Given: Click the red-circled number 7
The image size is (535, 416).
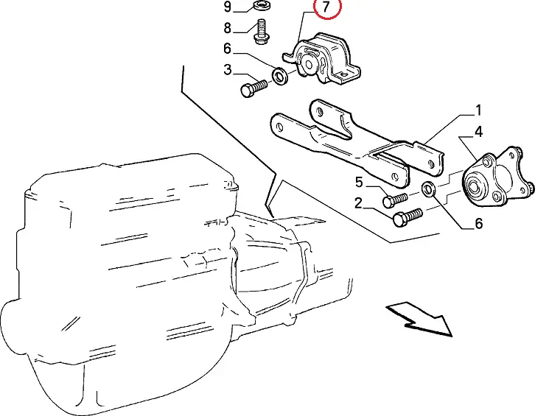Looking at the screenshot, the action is pos(326,7).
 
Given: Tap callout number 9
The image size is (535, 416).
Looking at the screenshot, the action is pos(228,7).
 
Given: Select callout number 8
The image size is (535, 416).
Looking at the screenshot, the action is pos(228,28).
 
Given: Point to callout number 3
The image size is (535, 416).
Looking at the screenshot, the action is pos(228,69).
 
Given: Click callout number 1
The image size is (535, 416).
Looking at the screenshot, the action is pos(478,110).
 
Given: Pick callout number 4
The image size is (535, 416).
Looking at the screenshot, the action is pos(479,132).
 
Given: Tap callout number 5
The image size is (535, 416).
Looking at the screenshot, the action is pos(359,182).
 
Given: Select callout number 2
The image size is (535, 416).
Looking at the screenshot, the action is pos(358,203).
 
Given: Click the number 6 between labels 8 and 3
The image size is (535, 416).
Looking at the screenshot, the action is pos(228,49).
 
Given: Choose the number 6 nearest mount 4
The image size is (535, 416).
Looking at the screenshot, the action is pos(479,223).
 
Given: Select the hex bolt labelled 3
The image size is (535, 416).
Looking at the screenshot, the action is pos(253,88).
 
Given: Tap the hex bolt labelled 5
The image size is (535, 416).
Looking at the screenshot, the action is pos(395,200).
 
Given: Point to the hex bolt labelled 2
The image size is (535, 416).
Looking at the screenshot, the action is pos(408,216).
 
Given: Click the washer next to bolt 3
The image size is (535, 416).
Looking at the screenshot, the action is pos(280,77).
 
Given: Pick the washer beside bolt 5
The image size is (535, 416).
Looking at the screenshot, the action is pos(428,189).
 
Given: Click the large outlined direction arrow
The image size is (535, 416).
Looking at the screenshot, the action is pos(420,320).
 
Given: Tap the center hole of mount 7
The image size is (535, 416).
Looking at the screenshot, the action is pos(309,65).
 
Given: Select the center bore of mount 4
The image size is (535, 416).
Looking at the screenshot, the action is pos(474,187).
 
